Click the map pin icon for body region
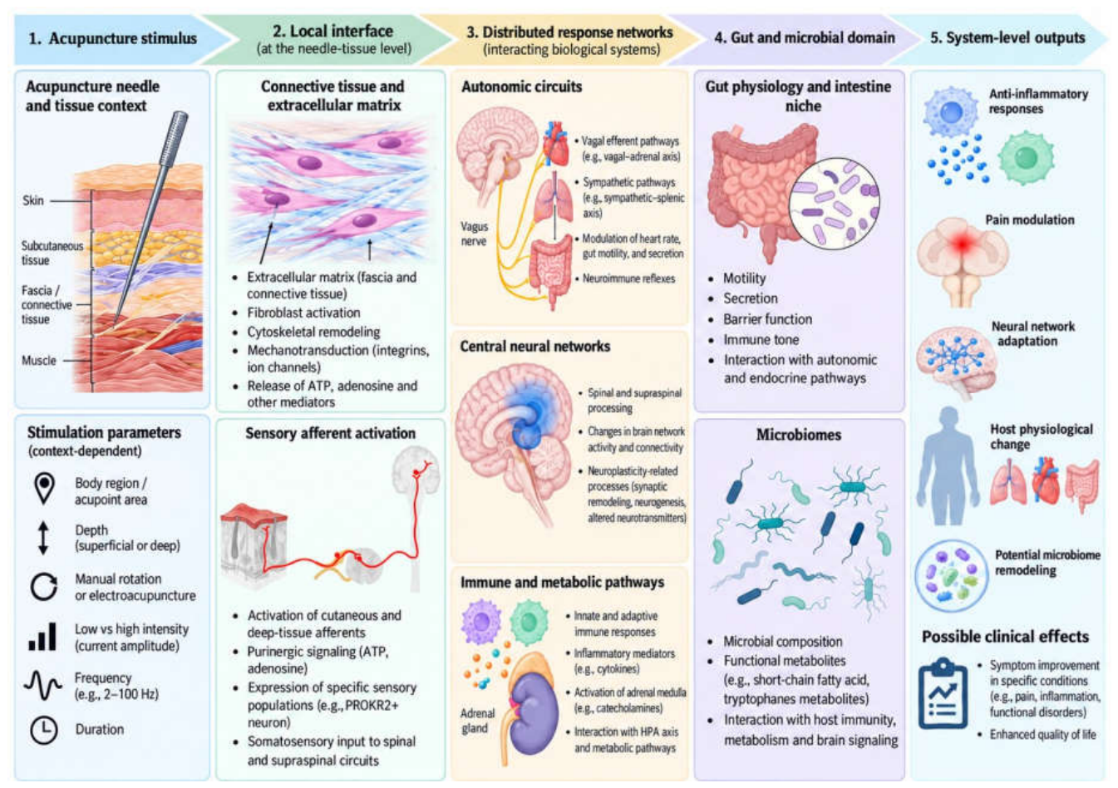click(44, 488)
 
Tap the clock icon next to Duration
click(44, 730)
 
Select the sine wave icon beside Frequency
click(43, 685)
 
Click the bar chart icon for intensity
click(42, 636)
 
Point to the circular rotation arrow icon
click(44, 586)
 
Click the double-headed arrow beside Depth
click(43, 538)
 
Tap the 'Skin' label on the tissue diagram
click(33, 200)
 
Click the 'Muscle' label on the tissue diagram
click(38, 360)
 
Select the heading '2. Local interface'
click(332, 31)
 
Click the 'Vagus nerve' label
click(474, 234)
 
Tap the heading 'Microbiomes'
click(799, 435)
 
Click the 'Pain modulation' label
click(1030, 219)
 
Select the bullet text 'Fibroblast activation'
click(303, 313)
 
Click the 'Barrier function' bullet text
click(767, 319)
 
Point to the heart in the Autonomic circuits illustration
click(555, 144)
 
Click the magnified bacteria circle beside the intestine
click(834, 203)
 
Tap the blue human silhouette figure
click(948, 466)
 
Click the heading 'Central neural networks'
click(535, 347)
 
